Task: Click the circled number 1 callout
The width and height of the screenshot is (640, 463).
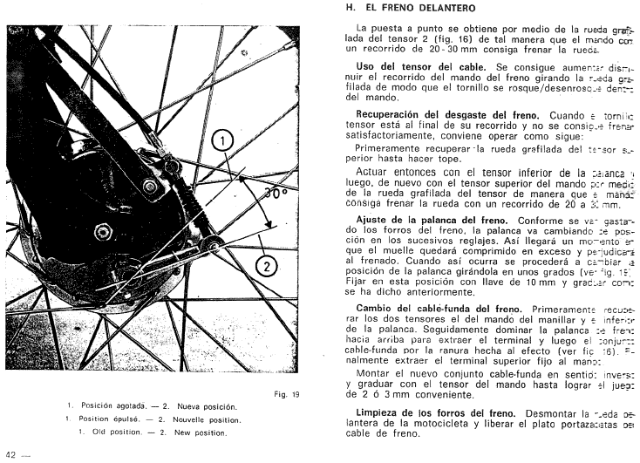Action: pos(223,140)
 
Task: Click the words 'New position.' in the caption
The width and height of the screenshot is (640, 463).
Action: pos(197,432)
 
